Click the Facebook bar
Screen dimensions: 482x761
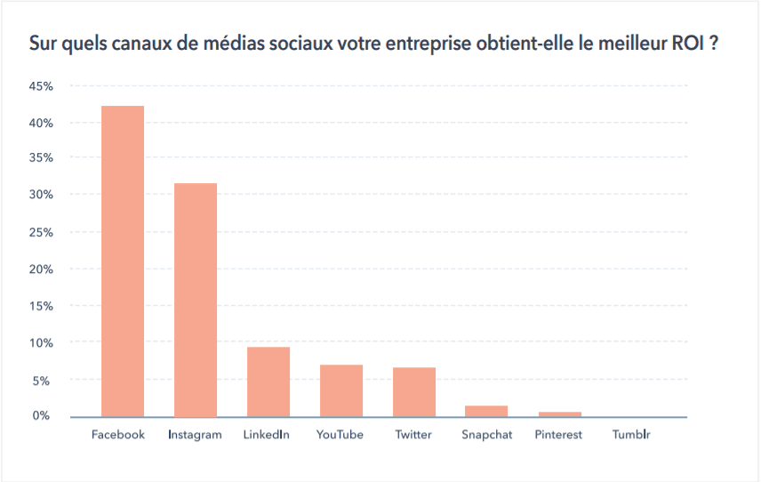[x=123, y=261]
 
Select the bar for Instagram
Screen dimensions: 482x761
[x=196, y=300]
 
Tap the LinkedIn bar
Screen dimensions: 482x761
[x=268, y=382]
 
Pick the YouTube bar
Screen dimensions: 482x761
[x=341, y=390]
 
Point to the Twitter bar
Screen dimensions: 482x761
[x=414, y=392]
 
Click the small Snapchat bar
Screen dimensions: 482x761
[x=486, y=411]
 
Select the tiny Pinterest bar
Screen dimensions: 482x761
[x=559, y=414]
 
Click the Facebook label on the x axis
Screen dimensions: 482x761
[x=118, y=435]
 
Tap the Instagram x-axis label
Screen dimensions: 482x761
[x=195, y=435]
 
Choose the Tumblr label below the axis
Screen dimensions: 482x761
[x=631, y=435]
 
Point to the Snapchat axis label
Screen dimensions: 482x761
[x=487, y=435]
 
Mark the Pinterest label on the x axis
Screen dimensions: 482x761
[x=558, y=435]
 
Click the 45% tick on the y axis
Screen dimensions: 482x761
[x=41, y=86]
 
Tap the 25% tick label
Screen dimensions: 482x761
[x=41, y=232]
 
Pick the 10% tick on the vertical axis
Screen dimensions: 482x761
[x=41, y=342]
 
